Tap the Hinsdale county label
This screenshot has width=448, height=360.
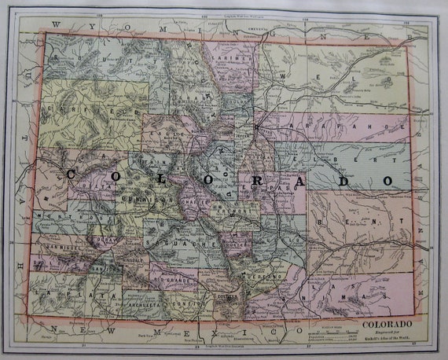point(131,255)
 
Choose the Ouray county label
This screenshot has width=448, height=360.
point(105,237)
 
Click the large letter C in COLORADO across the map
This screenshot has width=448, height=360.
point(71,175)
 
